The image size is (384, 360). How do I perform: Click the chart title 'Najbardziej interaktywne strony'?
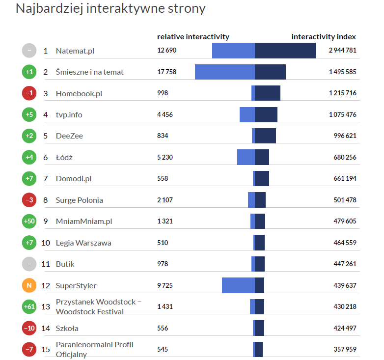[x=110, y=9]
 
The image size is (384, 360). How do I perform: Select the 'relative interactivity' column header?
[x=193, y=36]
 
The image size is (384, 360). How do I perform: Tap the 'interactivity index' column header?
[x=324, y=36]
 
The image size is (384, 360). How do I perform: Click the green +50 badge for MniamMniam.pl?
[x=29, y=221]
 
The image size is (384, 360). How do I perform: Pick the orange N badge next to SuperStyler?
[x=29, y=285]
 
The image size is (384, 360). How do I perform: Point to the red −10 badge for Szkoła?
[x=29, y=328]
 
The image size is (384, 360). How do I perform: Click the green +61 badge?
[x=29, y=306]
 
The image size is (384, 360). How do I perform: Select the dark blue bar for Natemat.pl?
[x=285, y=51]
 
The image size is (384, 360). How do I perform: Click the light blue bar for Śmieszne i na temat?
[x=224, y=72]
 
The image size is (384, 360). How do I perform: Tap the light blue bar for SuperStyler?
[x=238, y=285]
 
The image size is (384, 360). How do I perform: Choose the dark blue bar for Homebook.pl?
[x=267, y=93]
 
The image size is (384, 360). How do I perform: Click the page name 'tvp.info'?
[x=69, y=114]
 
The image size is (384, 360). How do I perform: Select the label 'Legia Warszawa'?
[x=83, y=243]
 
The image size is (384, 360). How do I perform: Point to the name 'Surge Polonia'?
[x=80, y=200]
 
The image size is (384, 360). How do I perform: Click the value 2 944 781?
[x=342, y=51]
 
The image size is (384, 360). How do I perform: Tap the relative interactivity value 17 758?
[x=166, y=72]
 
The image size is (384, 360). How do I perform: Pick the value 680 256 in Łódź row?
[x=345, y=157]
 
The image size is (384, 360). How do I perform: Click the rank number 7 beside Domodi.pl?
[x=46, y=178]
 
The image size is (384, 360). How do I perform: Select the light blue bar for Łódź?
[x=246, y=157]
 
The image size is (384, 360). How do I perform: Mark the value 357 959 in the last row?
[x=345, y=350]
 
